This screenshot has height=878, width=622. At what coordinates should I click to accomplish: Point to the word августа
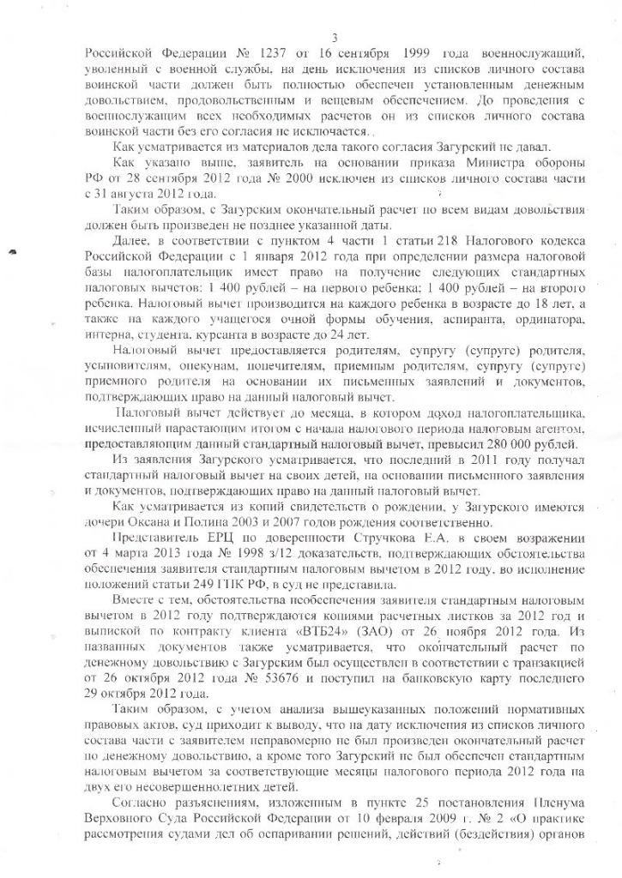click(154, 195)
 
